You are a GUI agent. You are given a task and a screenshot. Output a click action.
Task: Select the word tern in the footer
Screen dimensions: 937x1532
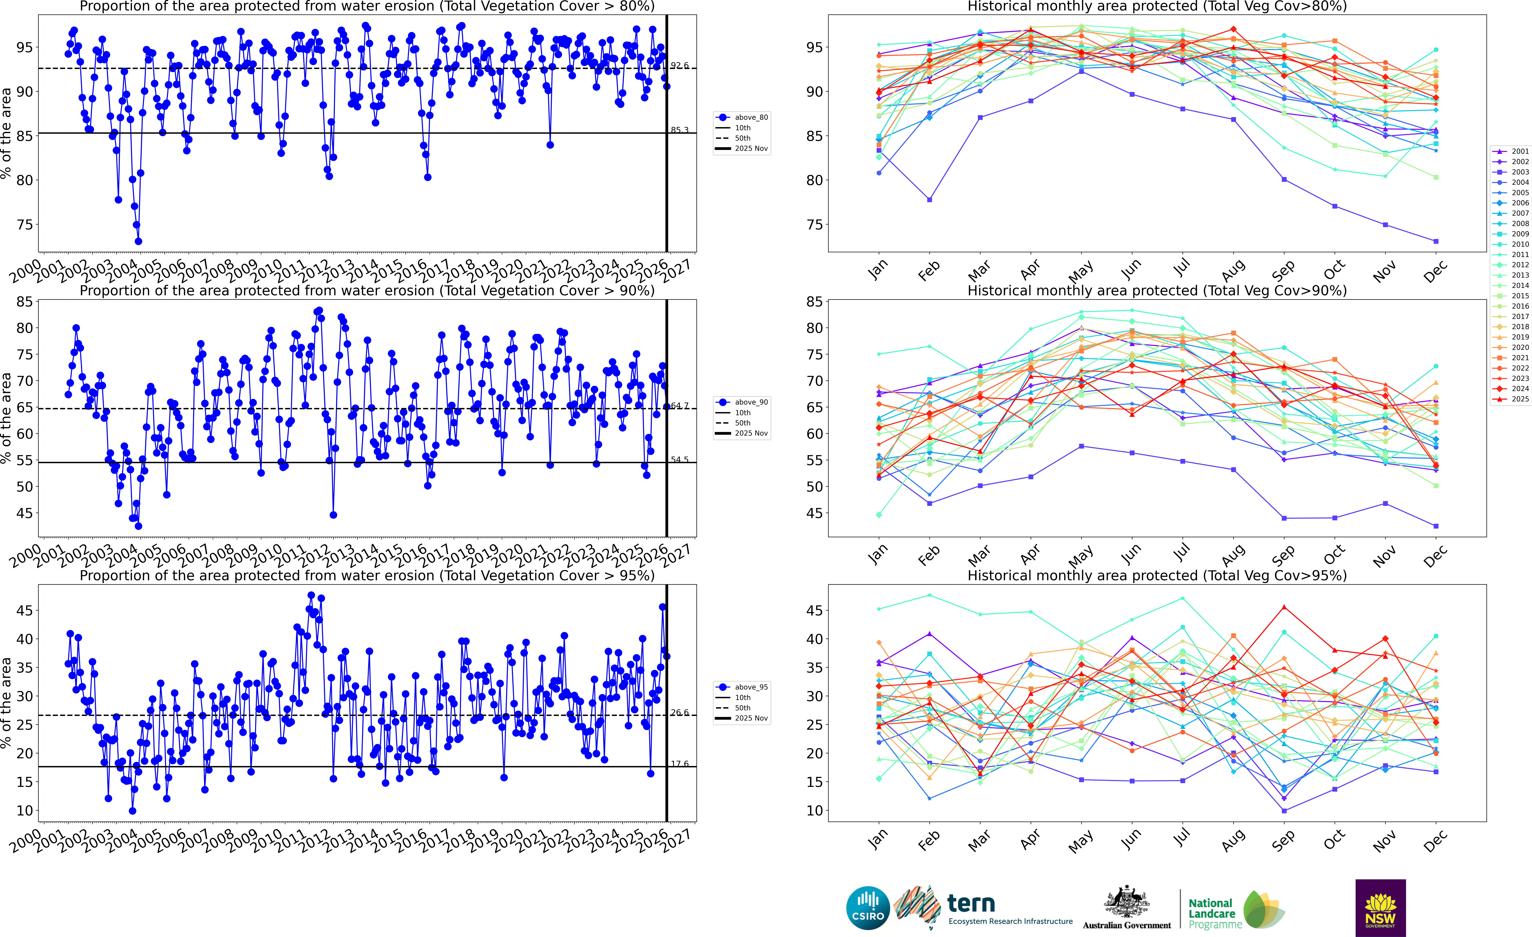pyautogui.click(x=971, y=903)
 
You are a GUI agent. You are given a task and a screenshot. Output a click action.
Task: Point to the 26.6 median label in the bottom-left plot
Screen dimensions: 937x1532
pyautogui.click(x=680, y=713)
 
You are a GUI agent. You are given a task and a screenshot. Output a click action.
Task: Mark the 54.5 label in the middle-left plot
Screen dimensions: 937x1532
pyautogui.click(x=680, y=460)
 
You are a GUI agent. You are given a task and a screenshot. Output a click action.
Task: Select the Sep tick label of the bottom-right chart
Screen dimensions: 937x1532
pyautogui.click(x=1283, y=841)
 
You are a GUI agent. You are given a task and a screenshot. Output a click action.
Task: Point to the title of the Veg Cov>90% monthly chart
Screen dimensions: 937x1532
pyautogui.click(x=1157, y=291)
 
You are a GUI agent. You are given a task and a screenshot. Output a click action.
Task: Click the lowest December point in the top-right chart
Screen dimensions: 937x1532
pyautogui.click(x=1436, y=241)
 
